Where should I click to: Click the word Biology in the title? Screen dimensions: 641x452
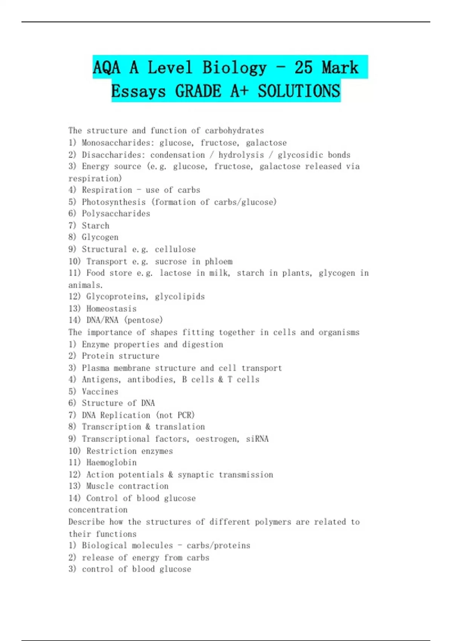(234, 68)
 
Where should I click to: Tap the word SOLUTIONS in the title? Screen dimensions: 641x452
(299, 91)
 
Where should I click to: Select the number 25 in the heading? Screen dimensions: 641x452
(303, 68)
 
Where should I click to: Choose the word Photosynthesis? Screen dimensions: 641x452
(114, 202)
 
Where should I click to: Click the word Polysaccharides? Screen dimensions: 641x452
(116, 214)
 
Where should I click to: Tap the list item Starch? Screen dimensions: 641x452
(96, 226)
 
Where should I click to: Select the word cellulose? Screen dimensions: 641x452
(175, 249)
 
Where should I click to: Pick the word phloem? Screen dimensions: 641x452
(218, 261)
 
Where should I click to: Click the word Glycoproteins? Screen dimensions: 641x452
(116, 297)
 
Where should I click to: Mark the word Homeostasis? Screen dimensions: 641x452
(111, 308)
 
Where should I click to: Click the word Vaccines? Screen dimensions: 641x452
(100, 391)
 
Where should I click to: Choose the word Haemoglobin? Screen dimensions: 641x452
(111, 463)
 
